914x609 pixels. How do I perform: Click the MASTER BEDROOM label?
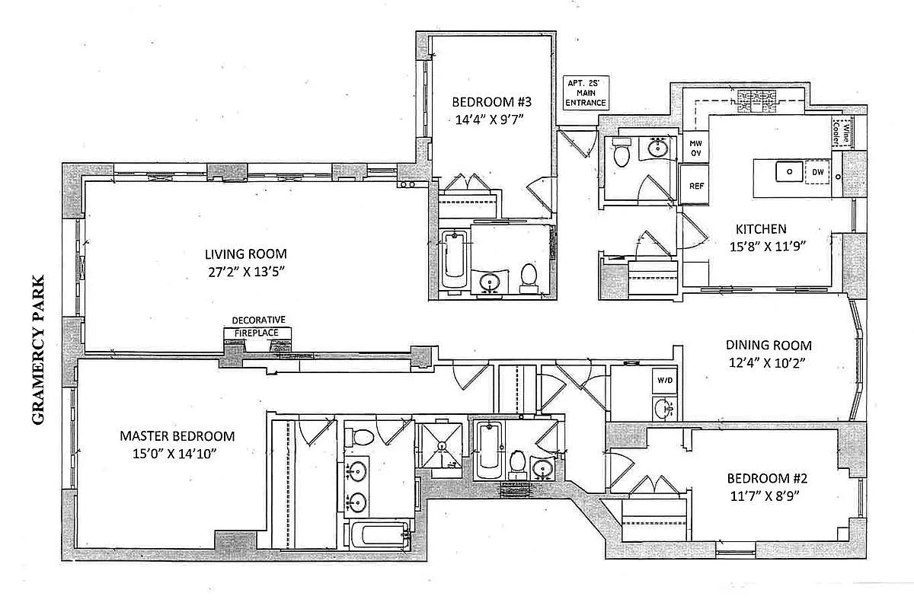coord(177,436)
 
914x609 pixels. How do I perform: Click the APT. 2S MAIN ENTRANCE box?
coord(586,93)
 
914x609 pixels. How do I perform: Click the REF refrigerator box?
coord(696,186)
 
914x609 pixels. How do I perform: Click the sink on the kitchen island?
coord(788,172)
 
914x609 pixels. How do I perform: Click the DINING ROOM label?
coord(768,345)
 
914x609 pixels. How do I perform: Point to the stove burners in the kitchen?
coord(756,99)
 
